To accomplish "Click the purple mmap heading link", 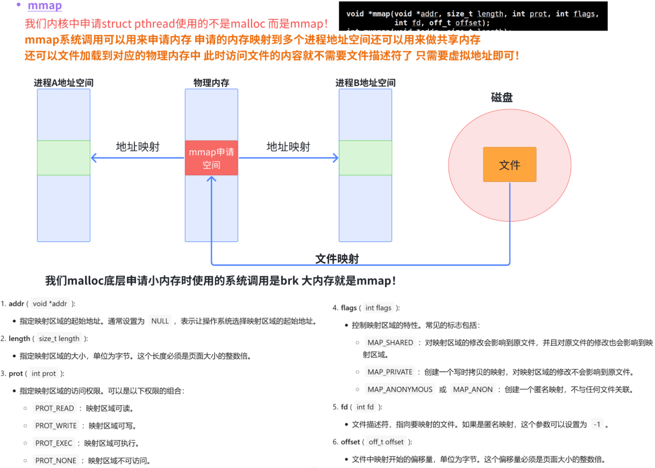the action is [45, 6].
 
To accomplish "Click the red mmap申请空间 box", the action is [211, 158].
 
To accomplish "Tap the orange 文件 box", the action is [509, 165].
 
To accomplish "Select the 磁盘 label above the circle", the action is [501, 97].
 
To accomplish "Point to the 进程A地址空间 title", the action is [63, 83].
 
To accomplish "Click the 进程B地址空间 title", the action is [365, 83].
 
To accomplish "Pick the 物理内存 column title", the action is [211, 83].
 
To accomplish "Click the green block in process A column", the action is [63, 158].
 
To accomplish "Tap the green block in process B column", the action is [365, 158].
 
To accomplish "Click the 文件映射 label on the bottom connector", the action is [337, 259].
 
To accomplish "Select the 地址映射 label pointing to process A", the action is [138, 147].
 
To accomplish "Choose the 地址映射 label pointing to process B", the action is [288, 147].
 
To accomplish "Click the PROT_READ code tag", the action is [55, 408].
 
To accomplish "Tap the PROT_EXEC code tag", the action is [54, 443].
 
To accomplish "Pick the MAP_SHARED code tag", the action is [390, 343].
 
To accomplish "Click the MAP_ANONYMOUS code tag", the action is [400, 389].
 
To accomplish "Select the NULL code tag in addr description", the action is [160, 321].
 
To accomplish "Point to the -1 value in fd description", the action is [596, 424].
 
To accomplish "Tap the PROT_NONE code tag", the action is [55, 460].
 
